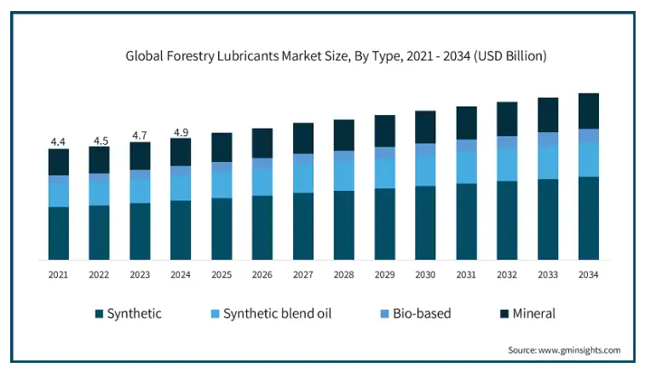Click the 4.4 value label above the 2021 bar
pos(58,142)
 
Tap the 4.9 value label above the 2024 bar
pos(181,132)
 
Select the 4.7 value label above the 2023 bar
pos(140,135)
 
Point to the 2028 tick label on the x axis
pos(344,274)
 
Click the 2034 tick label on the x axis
pos(588,274)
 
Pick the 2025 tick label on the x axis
pos(222,274)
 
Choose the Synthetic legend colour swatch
pos(99,314)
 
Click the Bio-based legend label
pos(422,313)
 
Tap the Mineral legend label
pos(534,313)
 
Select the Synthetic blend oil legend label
pos(277,313)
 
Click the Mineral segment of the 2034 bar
pos(589,111)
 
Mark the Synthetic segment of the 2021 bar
pos(59,233)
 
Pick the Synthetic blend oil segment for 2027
pos(303,178)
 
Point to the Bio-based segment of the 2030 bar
pos(425,149)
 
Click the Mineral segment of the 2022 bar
pos(99,160)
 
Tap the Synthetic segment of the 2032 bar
pos(507,221)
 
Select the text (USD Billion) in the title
pos(510,56)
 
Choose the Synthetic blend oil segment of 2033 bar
pos(548,162)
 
